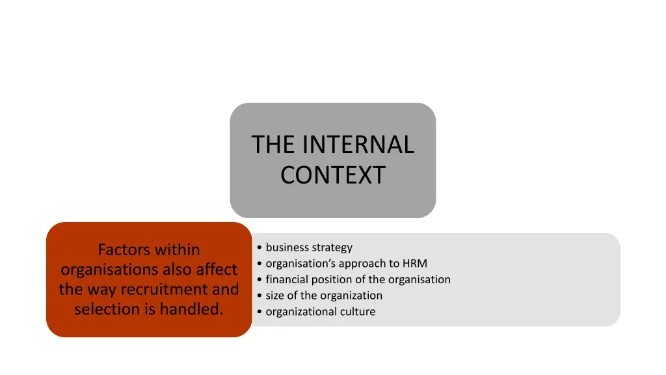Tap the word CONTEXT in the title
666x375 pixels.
333,175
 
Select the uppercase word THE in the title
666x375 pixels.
273,145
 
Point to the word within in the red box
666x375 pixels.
176,249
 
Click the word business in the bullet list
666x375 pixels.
287,247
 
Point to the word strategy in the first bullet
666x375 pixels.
332,247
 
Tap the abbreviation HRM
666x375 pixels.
415,264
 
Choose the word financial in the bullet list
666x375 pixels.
289,279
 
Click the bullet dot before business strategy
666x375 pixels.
260,248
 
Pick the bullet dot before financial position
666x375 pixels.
260,280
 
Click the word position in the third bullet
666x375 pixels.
334,279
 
